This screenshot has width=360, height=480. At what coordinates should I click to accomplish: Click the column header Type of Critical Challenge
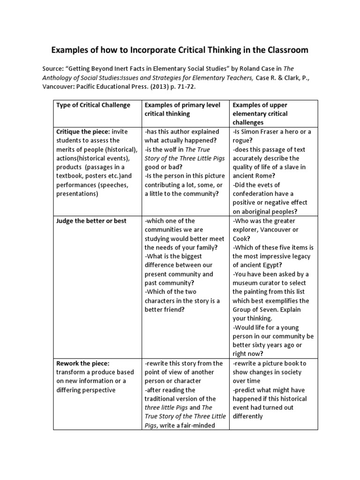(93, 105)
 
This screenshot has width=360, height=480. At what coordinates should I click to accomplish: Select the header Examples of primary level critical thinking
(183, 109)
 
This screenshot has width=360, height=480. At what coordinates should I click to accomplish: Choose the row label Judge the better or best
(91, 221)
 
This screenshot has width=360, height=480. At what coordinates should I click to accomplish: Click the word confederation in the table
(253, 194)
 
